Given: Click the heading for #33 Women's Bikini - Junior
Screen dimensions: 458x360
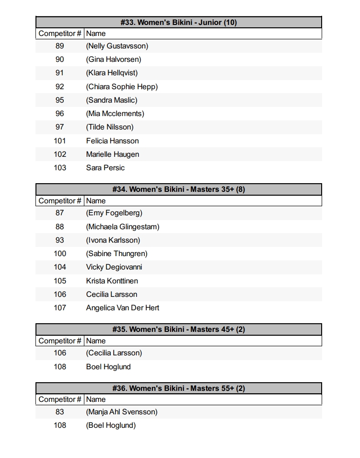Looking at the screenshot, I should (x=178, y=22).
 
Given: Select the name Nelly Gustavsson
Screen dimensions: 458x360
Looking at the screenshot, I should (x=117, y=46).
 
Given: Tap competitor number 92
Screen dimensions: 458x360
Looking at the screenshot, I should (x=59, y=87).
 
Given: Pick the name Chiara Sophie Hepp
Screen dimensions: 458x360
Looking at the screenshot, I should (x=122, y=87).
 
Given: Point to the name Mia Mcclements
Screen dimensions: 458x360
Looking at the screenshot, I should (x=115, y=114).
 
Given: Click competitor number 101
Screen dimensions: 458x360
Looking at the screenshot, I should (x=59, y=141).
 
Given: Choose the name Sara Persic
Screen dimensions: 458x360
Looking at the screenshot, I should (x=105, y=167).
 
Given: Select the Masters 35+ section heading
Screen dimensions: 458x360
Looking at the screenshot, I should (x=178, y=189).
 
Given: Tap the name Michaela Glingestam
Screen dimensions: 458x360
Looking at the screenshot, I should (x=123, y=226).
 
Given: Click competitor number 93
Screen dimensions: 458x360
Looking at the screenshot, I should (x=59, y=240).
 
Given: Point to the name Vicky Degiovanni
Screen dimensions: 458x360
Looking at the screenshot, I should (x=114, y=267).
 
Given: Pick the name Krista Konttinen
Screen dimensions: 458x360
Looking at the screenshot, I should (x=112, y=281).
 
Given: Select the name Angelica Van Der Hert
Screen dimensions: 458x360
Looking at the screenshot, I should (x=122, y=307).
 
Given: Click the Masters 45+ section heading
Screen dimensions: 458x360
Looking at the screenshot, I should (x=178, y=329).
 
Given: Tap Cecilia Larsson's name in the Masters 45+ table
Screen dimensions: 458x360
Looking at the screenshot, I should (x=114, y=353).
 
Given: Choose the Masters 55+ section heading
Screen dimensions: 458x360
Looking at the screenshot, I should (x=178, y=388).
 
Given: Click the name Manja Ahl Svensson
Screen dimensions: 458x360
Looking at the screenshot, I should (x=122, y=411).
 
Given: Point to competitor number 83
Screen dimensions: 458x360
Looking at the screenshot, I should (x=59, y=411).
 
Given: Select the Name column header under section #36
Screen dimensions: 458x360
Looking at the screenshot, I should (x=96, y=399).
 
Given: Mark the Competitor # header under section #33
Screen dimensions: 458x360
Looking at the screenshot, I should (x=59, y=34).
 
